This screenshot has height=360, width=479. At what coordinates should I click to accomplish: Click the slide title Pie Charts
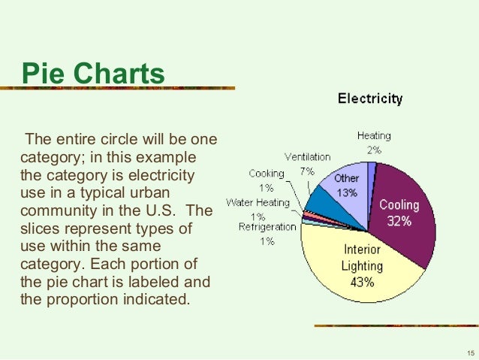[92, 74]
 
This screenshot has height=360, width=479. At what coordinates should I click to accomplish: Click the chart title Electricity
[369, 98]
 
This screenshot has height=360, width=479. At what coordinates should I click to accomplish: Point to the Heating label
[374, 136]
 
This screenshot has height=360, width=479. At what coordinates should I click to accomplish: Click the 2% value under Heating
[374, 150]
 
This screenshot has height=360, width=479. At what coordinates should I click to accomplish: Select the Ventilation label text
[307, 157]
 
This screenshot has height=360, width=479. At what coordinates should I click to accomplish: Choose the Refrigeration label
[268, 226]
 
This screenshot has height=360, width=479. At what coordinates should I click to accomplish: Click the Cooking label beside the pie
[267, 174]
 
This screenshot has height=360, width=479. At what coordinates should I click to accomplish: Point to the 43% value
[362, 283]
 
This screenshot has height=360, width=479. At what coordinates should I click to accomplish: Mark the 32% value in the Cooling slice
[399, 222]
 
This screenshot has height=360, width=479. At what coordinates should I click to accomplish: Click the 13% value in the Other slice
[347, 192]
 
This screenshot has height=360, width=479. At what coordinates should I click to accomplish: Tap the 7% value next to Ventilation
[307, 171]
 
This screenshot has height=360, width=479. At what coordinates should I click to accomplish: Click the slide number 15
[470, 352]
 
